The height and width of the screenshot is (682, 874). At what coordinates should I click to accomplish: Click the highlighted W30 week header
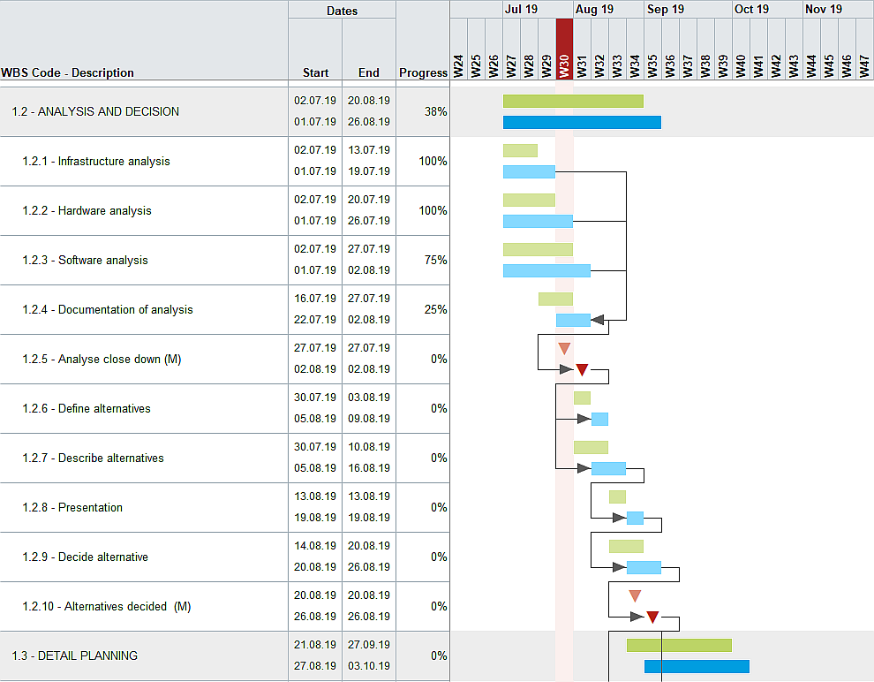[564, 49]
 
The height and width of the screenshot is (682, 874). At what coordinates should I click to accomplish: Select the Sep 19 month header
[665, 9]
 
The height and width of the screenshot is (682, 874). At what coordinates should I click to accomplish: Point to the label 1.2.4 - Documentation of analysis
[108, 310]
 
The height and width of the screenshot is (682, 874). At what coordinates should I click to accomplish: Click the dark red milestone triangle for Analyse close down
[582, 369]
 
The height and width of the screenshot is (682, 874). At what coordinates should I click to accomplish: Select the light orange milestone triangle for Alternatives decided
[635, 595]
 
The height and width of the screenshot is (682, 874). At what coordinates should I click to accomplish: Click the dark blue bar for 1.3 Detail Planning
[697, 666]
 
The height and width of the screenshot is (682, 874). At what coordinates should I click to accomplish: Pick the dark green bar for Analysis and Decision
[573, 101]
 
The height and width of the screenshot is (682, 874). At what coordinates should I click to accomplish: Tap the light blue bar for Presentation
[635, 518]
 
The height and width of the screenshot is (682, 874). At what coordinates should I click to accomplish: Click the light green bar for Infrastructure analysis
[520, 150]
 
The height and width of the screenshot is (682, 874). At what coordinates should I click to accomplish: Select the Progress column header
[423, 72]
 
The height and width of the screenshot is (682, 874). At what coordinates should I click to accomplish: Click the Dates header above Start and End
[342, 11]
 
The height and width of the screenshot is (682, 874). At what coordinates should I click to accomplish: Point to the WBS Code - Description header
[68, 72]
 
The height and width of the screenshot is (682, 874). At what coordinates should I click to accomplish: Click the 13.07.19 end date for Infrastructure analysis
[368, 150]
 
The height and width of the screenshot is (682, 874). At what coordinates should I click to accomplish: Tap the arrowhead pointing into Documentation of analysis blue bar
[598, 320]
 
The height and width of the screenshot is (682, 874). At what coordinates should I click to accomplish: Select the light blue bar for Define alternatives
[599, 419]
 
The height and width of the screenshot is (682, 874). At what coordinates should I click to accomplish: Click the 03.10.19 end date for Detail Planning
[368, 666]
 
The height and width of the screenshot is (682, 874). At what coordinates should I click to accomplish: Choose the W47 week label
[864, 66]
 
